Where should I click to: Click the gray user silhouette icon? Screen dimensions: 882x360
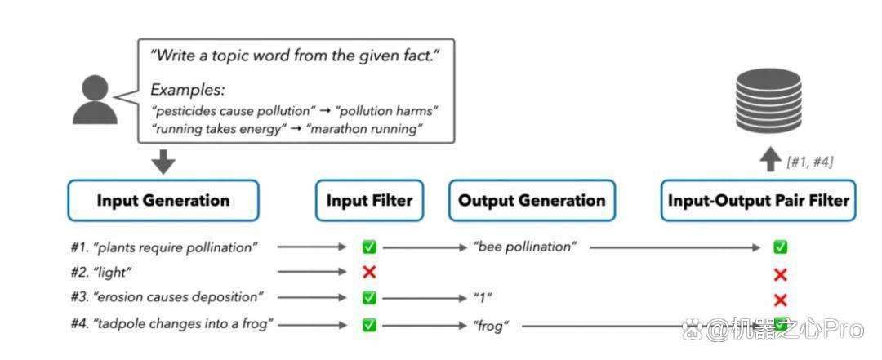(x=95, y=100)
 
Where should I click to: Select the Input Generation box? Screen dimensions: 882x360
(x=163, y=201)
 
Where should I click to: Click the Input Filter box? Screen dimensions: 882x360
(x=370, y=201)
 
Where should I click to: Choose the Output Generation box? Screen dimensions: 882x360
(x=532, y=201)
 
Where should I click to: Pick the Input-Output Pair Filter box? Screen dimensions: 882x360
(x=758, y=201)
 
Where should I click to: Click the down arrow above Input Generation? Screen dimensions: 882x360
(x=163, y=161)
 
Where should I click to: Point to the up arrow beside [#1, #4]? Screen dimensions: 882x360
(x=770, y=160)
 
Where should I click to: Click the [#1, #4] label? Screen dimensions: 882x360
(x=810, y=162)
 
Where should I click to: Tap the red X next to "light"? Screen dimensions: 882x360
(x=369, y=273)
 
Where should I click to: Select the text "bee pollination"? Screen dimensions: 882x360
(x=525, y=247)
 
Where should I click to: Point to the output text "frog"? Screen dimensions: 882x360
(x=488, y=325)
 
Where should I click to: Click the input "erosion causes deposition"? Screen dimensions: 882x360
(x=178, y=297)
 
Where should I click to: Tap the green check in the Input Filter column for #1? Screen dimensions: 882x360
(x=369, y=247)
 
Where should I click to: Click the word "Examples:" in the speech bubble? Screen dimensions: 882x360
(x=187, y=90)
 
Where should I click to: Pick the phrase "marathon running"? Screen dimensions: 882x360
(x=364, y=129)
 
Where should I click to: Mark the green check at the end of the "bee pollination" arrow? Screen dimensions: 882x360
(x=780, y=247)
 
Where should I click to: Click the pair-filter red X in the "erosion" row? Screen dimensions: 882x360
(x=780, y=300)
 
